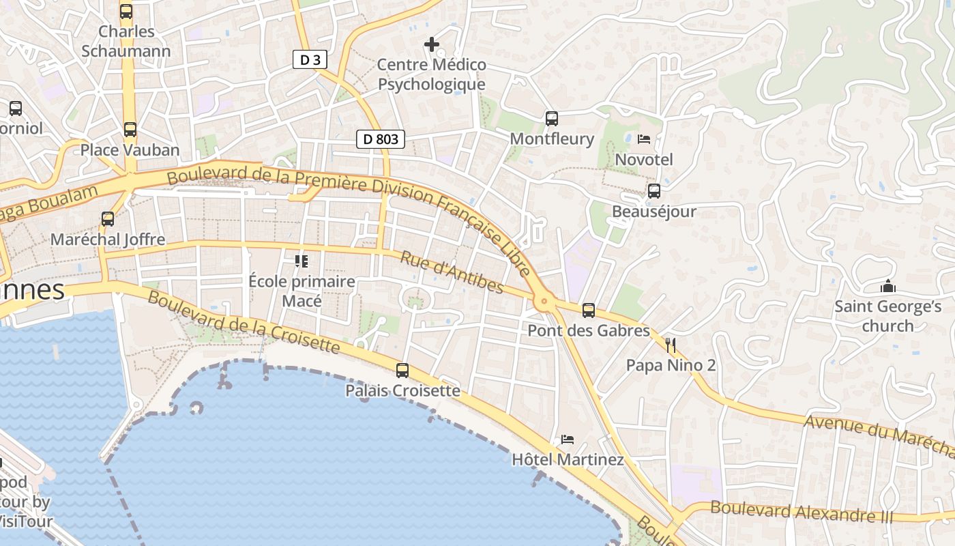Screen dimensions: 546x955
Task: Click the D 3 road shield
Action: [x=310, y=60]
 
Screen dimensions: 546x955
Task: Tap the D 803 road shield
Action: [x=381, y=140]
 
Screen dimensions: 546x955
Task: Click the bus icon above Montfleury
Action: [x=552, y=119]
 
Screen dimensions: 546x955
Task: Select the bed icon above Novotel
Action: [x=643, y=139]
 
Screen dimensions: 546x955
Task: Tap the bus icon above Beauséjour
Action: [x=653, y=191]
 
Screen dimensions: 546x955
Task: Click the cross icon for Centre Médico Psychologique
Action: [x=431, y=45]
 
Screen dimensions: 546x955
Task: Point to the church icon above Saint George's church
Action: [x=887, y=286]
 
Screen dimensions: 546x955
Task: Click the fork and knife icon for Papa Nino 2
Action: [x=671, y=345]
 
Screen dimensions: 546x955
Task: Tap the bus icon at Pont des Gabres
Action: [x=588, y=311]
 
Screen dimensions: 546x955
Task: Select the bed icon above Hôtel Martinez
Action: [x=568, y=439]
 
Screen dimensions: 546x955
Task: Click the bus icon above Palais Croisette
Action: [x=402, y=371]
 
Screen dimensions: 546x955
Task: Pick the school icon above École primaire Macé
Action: [x=301, y=261]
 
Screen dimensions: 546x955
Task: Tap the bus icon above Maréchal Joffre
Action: [x=108, y=219]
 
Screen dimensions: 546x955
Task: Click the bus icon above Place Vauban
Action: [x=130, y=130]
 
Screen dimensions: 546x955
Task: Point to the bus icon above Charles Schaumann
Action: [x=126, y=12]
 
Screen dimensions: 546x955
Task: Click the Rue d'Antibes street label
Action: [x=452, y=272]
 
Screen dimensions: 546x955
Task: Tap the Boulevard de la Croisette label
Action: [x=243, y=322]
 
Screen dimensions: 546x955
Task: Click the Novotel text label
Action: [x=644, y=160]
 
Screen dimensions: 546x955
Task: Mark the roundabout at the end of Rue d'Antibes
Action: [x=544, y=300]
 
